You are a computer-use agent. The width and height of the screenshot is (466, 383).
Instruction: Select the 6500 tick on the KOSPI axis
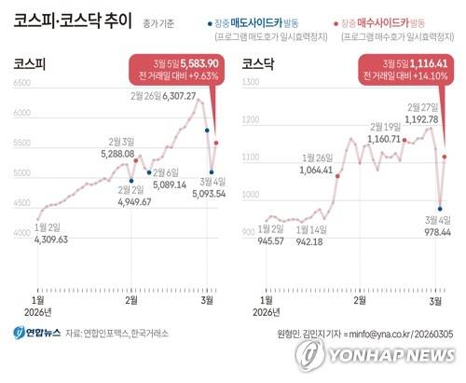click(x=22, y=85)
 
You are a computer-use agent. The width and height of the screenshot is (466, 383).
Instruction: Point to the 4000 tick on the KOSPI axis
click(x=22, y=234)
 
